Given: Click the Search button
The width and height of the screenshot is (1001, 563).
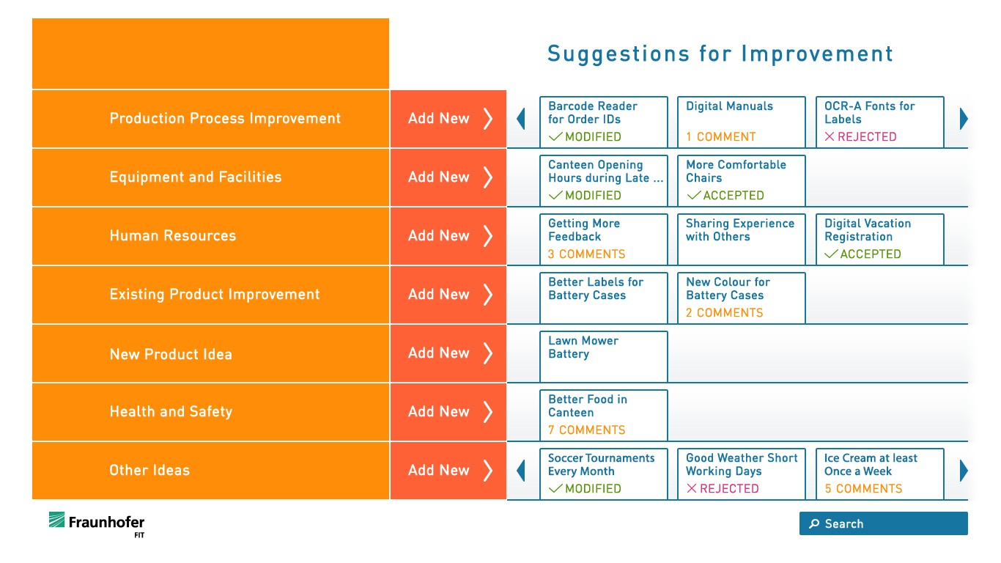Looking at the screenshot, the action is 883,523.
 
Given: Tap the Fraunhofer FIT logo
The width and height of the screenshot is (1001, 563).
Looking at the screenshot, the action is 97,525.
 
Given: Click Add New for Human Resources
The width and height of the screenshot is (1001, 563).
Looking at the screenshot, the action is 448,235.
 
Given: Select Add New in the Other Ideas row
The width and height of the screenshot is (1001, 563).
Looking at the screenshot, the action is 448,470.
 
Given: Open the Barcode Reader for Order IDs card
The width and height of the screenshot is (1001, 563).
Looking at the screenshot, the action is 603,122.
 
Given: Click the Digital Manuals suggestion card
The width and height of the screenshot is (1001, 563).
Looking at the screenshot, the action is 742,122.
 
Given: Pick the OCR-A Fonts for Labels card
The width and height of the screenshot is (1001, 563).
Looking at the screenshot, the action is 880,122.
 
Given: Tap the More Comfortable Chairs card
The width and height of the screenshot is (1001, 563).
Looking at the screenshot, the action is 742,180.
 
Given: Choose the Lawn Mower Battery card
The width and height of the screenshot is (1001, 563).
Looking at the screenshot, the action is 603,356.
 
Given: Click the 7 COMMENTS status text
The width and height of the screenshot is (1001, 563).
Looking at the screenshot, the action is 586,430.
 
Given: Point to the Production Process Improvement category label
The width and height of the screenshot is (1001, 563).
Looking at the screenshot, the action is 225,118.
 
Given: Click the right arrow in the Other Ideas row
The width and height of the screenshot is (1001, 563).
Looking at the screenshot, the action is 964,471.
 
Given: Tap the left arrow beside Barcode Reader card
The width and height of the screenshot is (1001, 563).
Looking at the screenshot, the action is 521,119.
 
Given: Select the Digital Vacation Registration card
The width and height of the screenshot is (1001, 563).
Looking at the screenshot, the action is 880,239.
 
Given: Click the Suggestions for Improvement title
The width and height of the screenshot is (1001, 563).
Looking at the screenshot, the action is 720,54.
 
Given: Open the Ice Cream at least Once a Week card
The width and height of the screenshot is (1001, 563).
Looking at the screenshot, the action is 880,474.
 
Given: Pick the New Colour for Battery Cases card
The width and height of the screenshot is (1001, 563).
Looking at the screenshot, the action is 742,298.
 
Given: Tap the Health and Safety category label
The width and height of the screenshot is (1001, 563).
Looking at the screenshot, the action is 171,411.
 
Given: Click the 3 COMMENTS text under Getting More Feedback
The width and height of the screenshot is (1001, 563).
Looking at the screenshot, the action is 586,254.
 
